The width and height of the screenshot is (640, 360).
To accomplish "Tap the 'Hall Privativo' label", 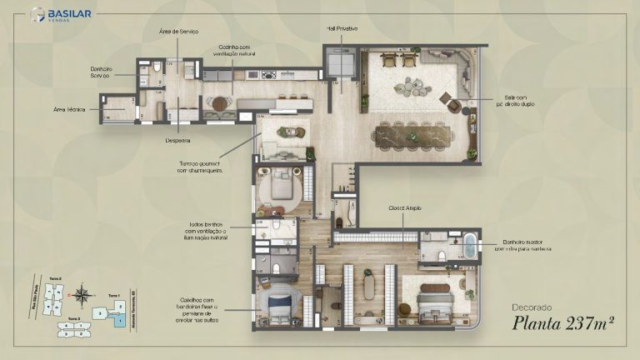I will click(342, 29).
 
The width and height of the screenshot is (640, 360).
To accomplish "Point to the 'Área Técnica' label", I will click(70, 109).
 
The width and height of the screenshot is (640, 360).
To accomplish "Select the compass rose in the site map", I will click(82, 293).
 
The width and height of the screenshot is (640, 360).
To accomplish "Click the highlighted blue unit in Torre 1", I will click(120, 320).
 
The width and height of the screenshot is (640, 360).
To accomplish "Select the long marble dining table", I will click(414, 133).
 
